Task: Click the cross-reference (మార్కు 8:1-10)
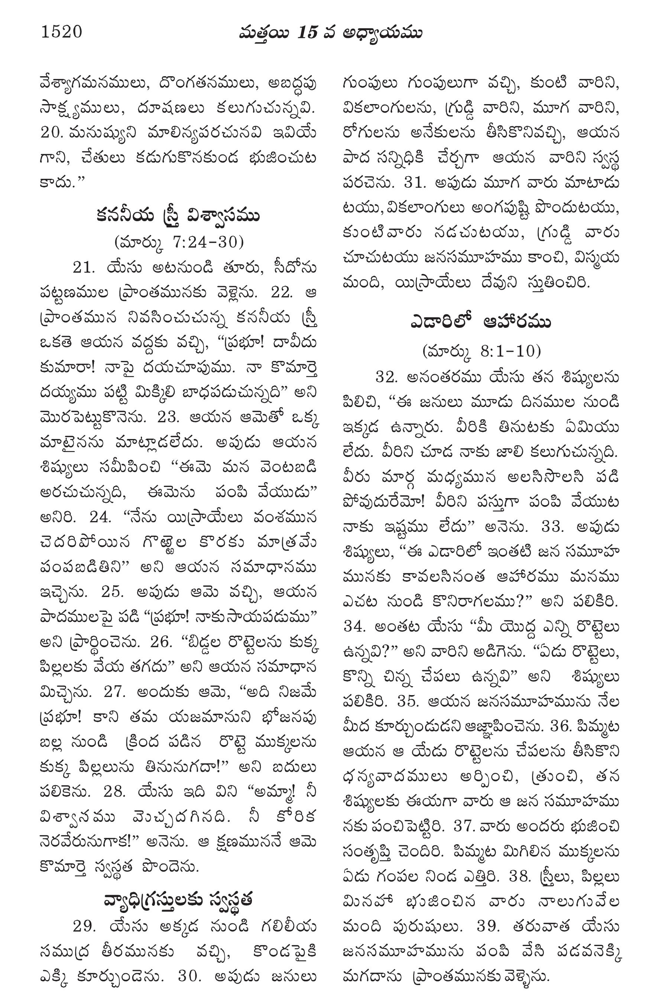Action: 482,351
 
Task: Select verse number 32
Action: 388,377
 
